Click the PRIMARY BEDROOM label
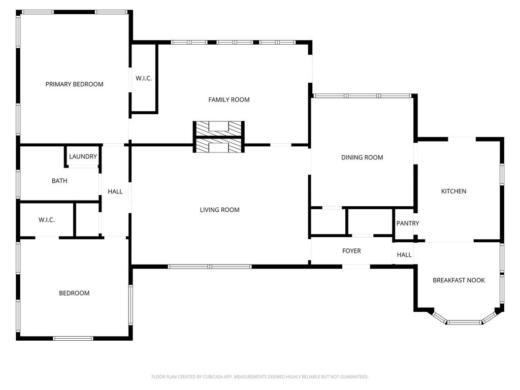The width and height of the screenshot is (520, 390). tap(74, 84)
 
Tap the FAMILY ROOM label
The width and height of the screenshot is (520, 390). tap(229, 100)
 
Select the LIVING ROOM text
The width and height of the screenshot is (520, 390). tap(219, 210)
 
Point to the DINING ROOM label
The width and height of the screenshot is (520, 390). tap(362, 157)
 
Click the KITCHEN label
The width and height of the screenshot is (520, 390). tap(453, 191)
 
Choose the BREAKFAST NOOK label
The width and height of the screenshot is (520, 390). tap(459, 280)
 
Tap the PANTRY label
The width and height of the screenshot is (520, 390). tap(408, 223)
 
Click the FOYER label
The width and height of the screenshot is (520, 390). tap(351, 251)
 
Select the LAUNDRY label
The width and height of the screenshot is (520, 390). tap(83, 156)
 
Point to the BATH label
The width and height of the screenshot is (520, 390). tap(59, 181)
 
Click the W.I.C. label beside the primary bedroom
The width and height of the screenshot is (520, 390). tap(144, 78)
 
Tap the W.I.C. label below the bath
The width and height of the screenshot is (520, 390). tap(46, 220)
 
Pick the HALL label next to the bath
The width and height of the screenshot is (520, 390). tap(115, 191)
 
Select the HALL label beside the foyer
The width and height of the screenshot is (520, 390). tap(404, 255)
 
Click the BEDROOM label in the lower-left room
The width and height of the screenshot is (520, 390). tap(74, 293)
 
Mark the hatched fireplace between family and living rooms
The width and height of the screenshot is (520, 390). tap(219, 137)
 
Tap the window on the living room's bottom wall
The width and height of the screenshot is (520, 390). tap(210, 267)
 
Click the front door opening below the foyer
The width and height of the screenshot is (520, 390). tap(356, 267)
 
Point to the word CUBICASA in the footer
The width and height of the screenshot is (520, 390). tap(217, 377)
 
